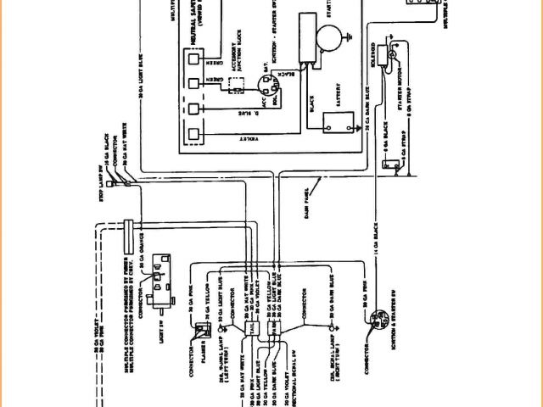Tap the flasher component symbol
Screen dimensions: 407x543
point(204,332)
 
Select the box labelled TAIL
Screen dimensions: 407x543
point(252,327)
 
